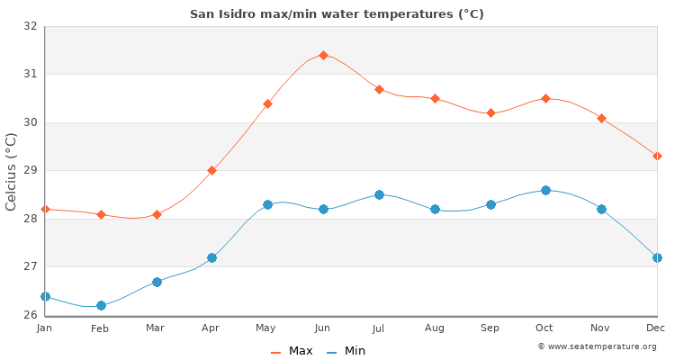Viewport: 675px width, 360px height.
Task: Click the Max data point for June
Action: click(323, 55)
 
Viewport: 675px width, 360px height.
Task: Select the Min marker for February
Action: click(101, 305)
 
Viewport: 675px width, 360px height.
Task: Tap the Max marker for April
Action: click(211, 170)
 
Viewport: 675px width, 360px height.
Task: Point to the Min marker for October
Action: click(545, 190)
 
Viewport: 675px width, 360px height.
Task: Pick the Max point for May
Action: click(267, 103)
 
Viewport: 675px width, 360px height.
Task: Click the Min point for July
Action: click(379, 194)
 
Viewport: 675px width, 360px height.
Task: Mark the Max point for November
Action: click(601, 118)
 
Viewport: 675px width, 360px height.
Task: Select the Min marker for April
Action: click(211, 257)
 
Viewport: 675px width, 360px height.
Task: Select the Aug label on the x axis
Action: click(435, 328)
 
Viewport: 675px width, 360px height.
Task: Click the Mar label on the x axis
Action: click(156, 328)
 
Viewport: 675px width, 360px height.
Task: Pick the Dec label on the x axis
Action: click(656, 328)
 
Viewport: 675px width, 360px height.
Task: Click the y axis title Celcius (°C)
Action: click(12, 171)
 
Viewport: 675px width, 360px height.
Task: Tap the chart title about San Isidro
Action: click(337, 13)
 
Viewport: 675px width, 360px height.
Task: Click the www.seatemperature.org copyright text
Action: click(597, 346)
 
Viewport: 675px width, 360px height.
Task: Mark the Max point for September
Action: click(490, 112)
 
